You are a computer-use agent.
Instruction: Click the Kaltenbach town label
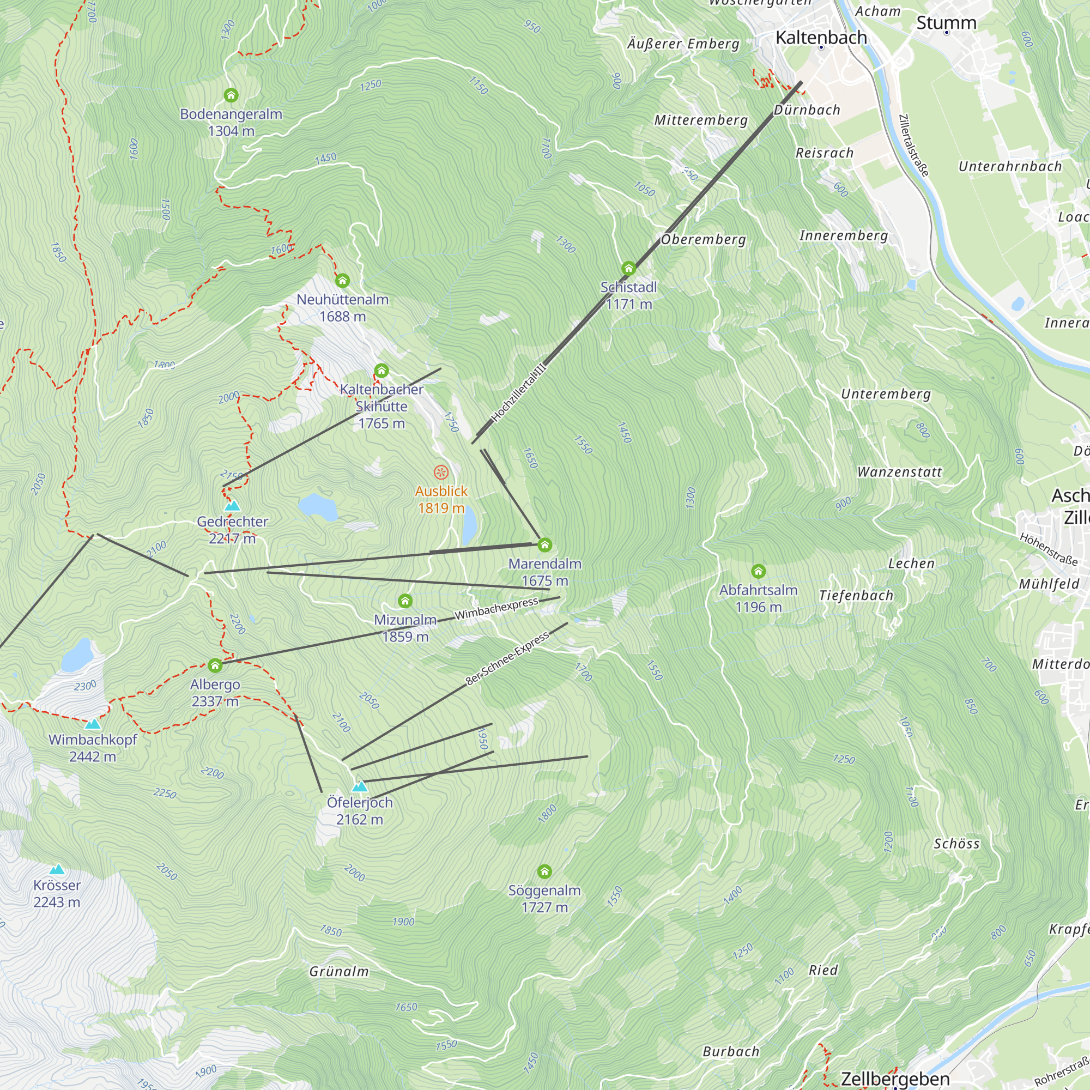[x=821, y=38]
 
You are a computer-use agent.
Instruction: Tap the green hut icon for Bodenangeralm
[x=231, y=95]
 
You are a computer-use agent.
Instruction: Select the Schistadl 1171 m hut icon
[x=628, y=268]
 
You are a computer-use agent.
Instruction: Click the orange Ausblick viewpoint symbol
[x=441, y=472]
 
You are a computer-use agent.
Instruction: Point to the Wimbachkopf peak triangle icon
[x=93, y=724]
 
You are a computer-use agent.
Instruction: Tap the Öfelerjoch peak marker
[x=360, y=786]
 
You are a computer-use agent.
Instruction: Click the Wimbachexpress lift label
[x=496, y=609]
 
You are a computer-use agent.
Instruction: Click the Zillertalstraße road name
[x=913, y=145]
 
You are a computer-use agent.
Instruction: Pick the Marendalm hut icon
[x=544, y=545]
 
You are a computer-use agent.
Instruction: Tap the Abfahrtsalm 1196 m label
[x=758, y=598]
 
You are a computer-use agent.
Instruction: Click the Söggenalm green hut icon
[x=544, y=872]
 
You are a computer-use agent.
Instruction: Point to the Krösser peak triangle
[x=57, y=869]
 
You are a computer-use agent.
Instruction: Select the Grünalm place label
[x=339, y=972]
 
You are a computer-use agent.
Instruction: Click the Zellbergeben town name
[x=895, y=1078]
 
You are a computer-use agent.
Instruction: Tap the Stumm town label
[x=946, y=23]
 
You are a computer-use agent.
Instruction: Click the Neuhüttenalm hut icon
[x=342, y=280]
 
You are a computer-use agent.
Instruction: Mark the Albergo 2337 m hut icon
[x=215, y=666]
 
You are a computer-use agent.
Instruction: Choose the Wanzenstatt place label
[x=899, y=472]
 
